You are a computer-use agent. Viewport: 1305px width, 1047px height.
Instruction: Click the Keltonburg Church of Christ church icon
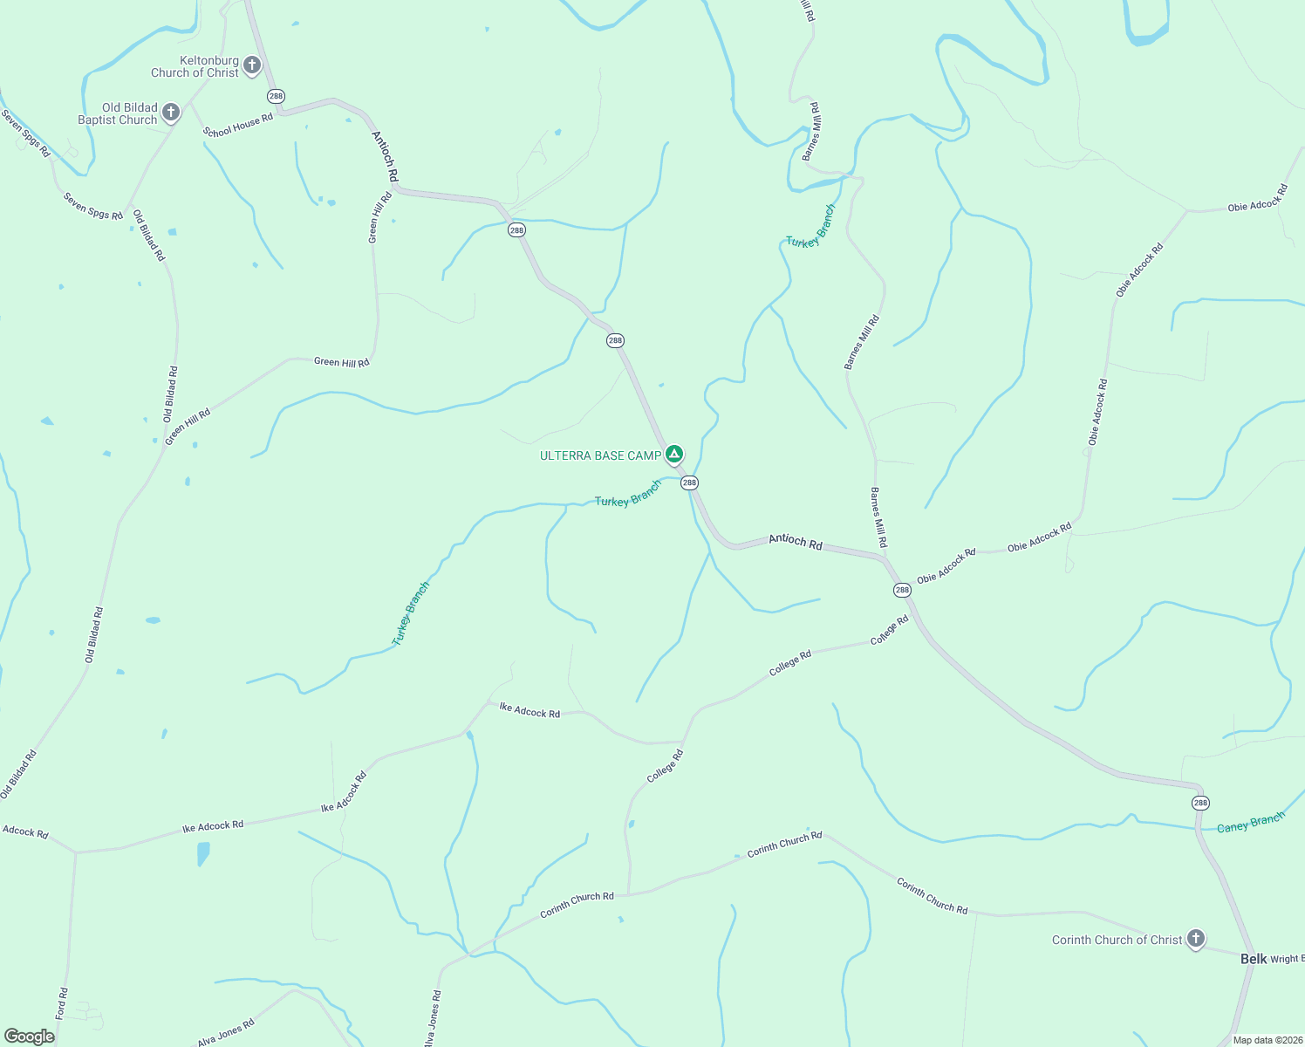coord(252,65)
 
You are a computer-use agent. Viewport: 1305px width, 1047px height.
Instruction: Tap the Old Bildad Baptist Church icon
coord(171,112)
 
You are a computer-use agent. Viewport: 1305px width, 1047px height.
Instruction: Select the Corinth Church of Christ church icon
coord(1196,939)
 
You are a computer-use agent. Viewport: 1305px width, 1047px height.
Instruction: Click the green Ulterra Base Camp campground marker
coord(673,454)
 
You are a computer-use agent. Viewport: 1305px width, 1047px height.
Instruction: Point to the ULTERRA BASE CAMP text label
coord(600,455)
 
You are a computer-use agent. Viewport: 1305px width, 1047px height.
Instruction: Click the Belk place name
coord(1254,959)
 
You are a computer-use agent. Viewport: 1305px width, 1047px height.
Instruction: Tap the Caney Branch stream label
coord(1251,822)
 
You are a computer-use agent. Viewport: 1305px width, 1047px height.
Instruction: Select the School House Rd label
coord(238,126)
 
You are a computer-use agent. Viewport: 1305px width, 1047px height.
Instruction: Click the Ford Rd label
coord(61,1003)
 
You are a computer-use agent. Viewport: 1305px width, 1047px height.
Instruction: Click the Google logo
coord(29,1037)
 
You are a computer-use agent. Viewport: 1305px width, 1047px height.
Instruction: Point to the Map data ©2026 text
coord(1266,1040)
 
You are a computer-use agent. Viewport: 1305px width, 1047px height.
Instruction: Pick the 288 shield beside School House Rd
coord(277,96)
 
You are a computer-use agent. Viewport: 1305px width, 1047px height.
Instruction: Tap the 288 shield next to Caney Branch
coord(1200,803)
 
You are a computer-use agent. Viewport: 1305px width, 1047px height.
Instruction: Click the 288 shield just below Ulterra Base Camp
coord(689,482)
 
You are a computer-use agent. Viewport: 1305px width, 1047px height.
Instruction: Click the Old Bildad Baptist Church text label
coord(118,113)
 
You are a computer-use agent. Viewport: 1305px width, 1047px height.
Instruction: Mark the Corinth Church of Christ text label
coord(1117,940)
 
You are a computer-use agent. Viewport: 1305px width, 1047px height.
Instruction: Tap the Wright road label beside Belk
coord(1287,959)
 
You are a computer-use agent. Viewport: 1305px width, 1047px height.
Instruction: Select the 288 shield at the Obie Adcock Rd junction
coord(902,590)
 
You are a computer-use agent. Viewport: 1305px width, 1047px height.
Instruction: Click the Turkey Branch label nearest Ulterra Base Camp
coord(628,495)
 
